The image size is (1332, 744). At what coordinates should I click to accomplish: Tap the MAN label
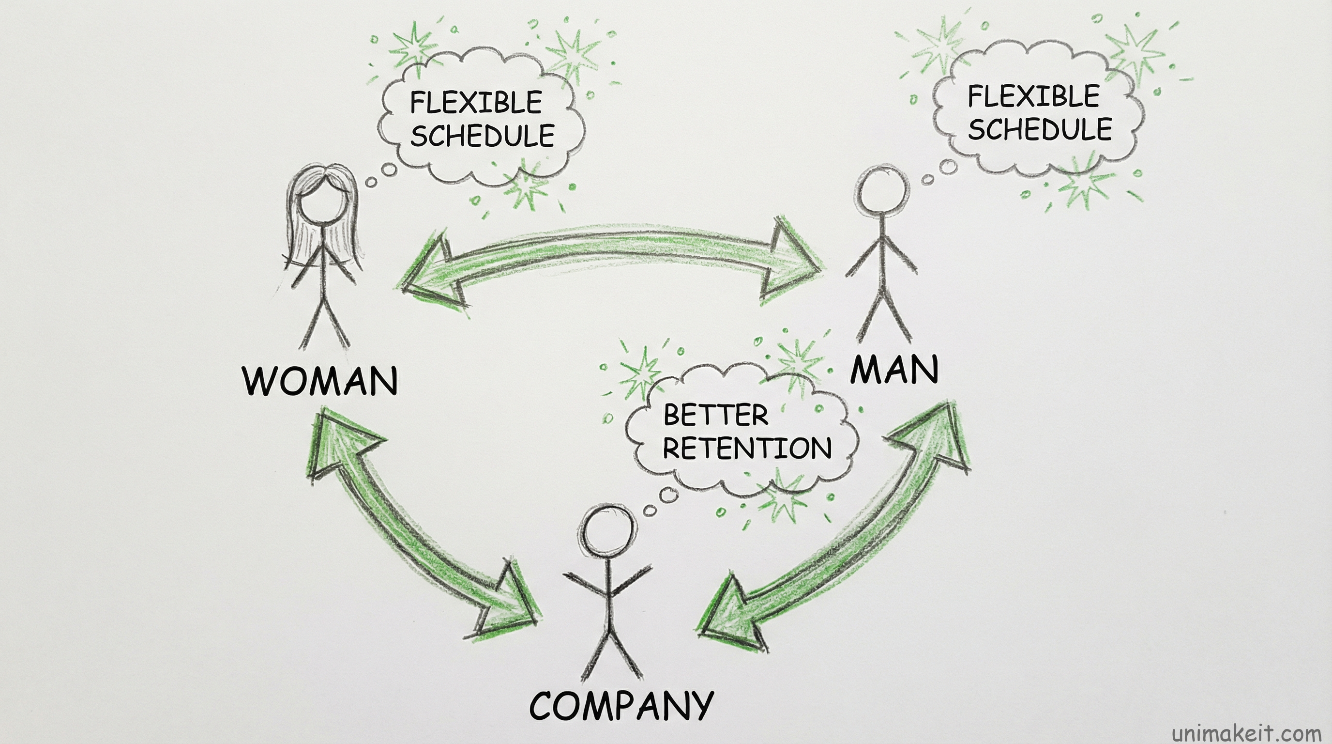894,370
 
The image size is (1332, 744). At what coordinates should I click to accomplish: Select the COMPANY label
621,706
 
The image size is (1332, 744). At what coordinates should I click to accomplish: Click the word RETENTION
747,448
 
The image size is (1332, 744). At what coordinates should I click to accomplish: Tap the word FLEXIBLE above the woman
476,102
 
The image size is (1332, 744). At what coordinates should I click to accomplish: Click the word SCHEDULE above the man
1040,129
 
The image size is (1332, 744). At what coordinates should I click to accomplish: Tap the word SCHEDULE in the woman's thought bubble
482,136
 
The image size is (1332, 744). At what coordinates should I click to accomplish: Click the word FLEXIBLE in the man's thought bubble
1033,97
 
